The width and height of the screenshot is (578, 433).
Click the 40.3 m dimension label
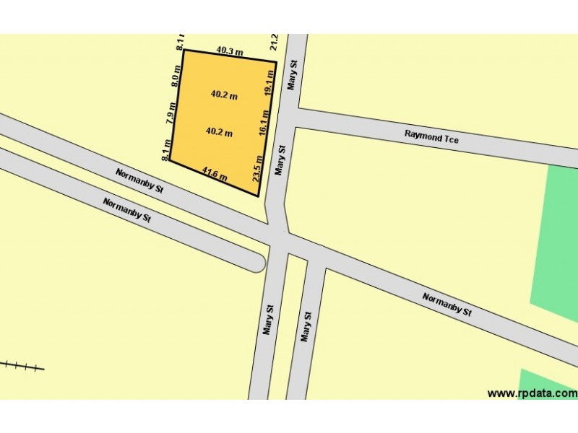[230, 51]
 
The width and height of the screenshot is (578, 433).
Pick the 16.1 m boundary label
[264, 123]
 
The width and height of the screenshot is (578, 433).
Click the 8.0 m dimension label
[175, 75]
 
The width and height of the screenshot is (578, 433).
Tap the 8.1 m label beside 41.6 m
[166, 149]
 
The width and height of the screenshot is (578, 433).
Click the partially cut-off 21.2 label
[274, 43]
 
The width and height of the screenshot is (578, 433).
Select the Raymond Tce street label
[431, 136]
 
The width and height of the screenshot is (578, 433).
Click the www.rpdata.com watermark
[532, 393]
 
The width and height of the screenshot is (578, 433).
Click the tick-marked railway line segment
[22, 367]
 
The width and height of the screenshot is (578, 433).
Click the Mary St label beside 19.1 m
[292, 75]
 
